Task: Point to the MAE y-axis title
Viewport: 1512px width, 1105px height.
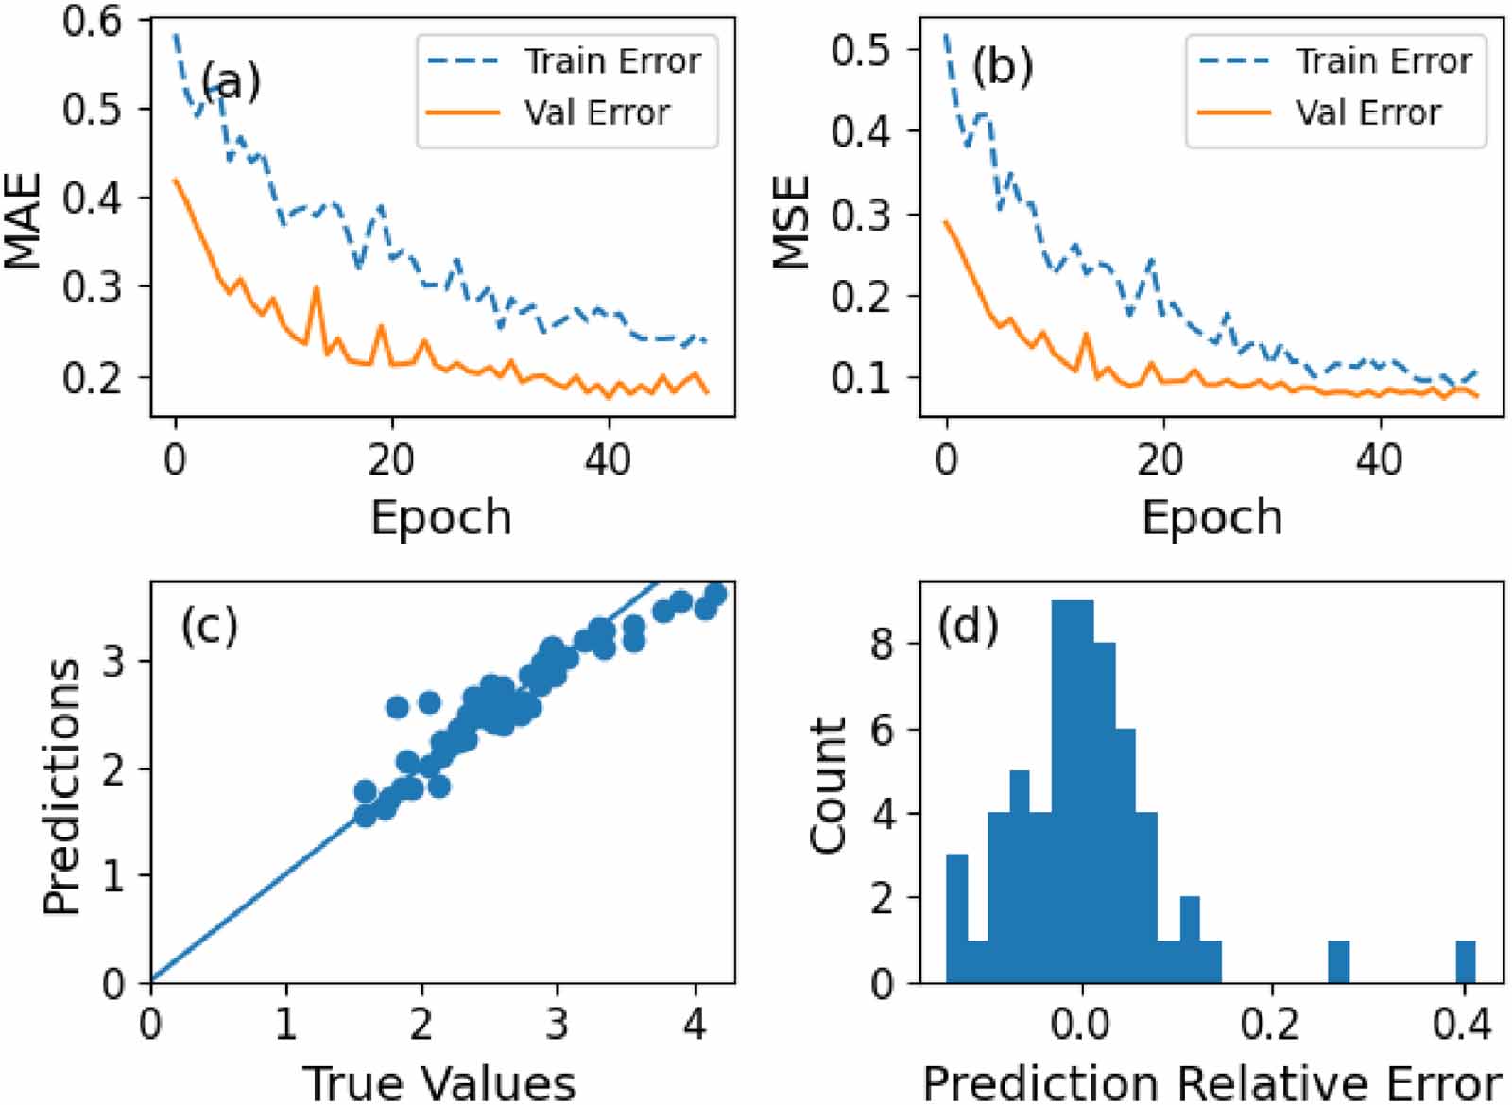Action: (24, 219)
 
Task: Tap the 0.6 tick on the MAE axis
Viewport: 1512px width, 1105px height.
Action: (92, 21)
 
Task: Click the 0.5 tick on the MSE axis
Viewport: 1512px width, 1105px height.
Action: (861, 49)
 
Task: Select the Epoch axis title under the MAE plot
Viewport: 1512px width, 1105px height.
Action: (440, 517)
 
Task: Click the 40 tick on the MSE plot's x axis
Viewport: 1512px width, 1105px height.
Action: (1378, 460)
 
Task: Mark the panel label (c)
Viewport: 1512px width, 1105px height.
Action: (209, 625)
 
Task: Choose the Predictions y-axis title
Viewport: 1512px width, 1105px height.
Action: (61, 785)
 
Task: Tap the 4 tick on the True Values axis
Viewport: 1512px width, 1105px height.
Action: (695, 1025)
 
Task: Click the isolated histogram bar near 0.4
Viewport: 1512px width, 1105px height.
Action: (1465, 962)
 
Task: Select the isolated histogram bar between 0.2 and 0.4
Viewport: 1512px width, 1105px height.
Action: (1338, 962)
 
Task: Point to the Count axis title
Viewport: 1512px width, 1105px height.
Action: (828, 785)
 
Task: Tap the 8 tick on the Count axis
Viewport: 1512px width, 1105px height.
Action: (882, 645)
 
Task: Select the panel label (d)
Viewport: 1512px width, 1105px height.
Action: (968, 627)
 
